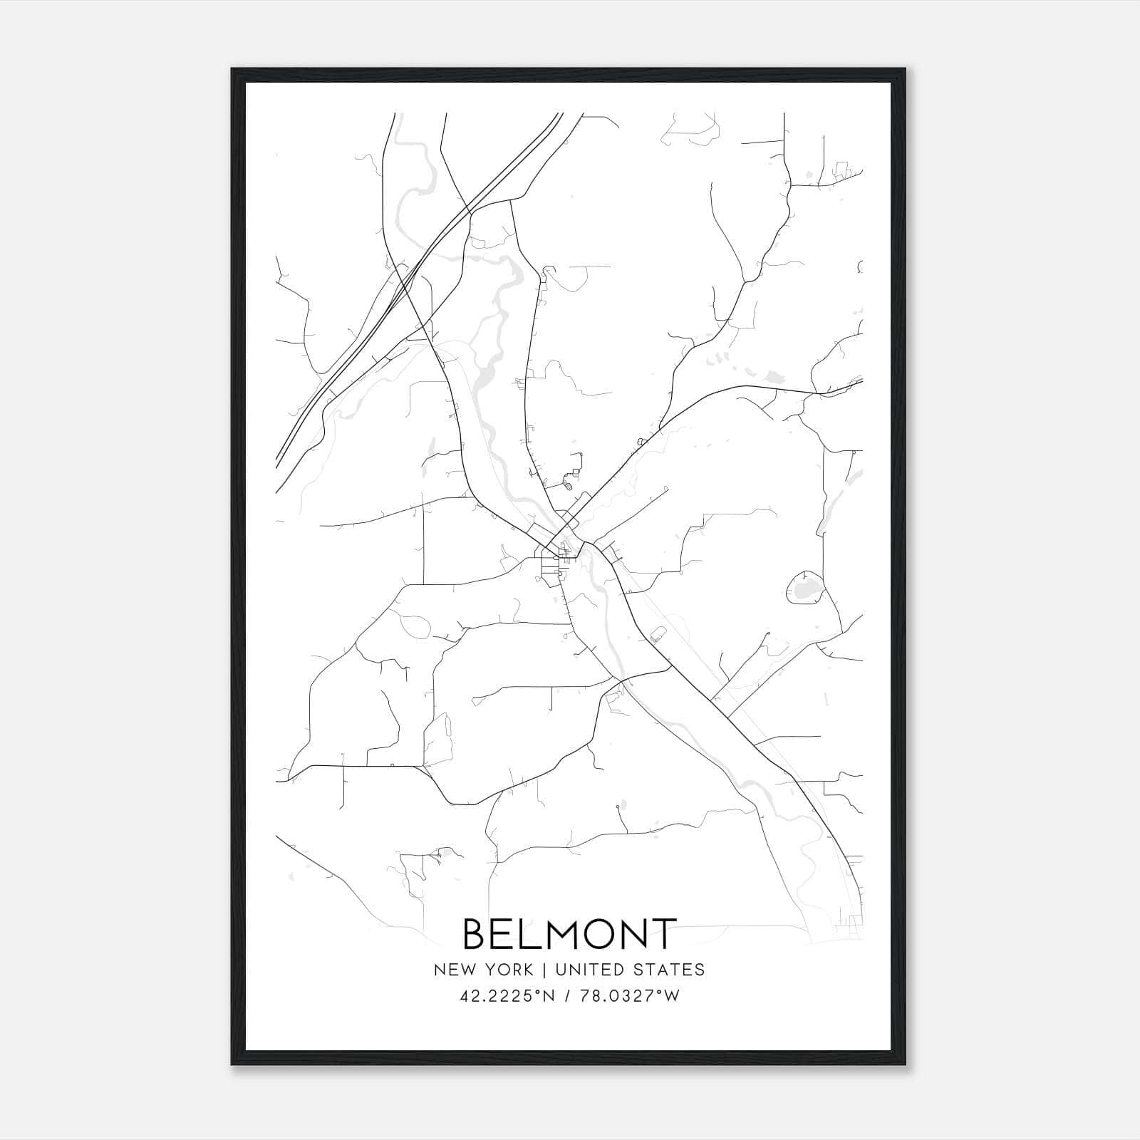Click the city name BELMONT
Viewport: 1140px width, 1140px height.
[x=569, y=933]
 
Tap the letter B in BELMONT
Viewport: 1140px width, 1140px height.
[x=478, y=933]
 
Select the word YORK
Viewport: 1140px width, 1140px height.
[x=508, y=970]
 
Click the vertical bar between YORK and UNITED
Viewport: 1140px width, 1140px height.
[x=544, y=970]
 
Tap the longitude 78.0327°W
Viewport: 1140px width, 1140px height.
[x=630, y=996]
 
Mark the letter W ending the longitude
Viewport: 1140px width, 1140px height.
[x=672, y=996]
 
